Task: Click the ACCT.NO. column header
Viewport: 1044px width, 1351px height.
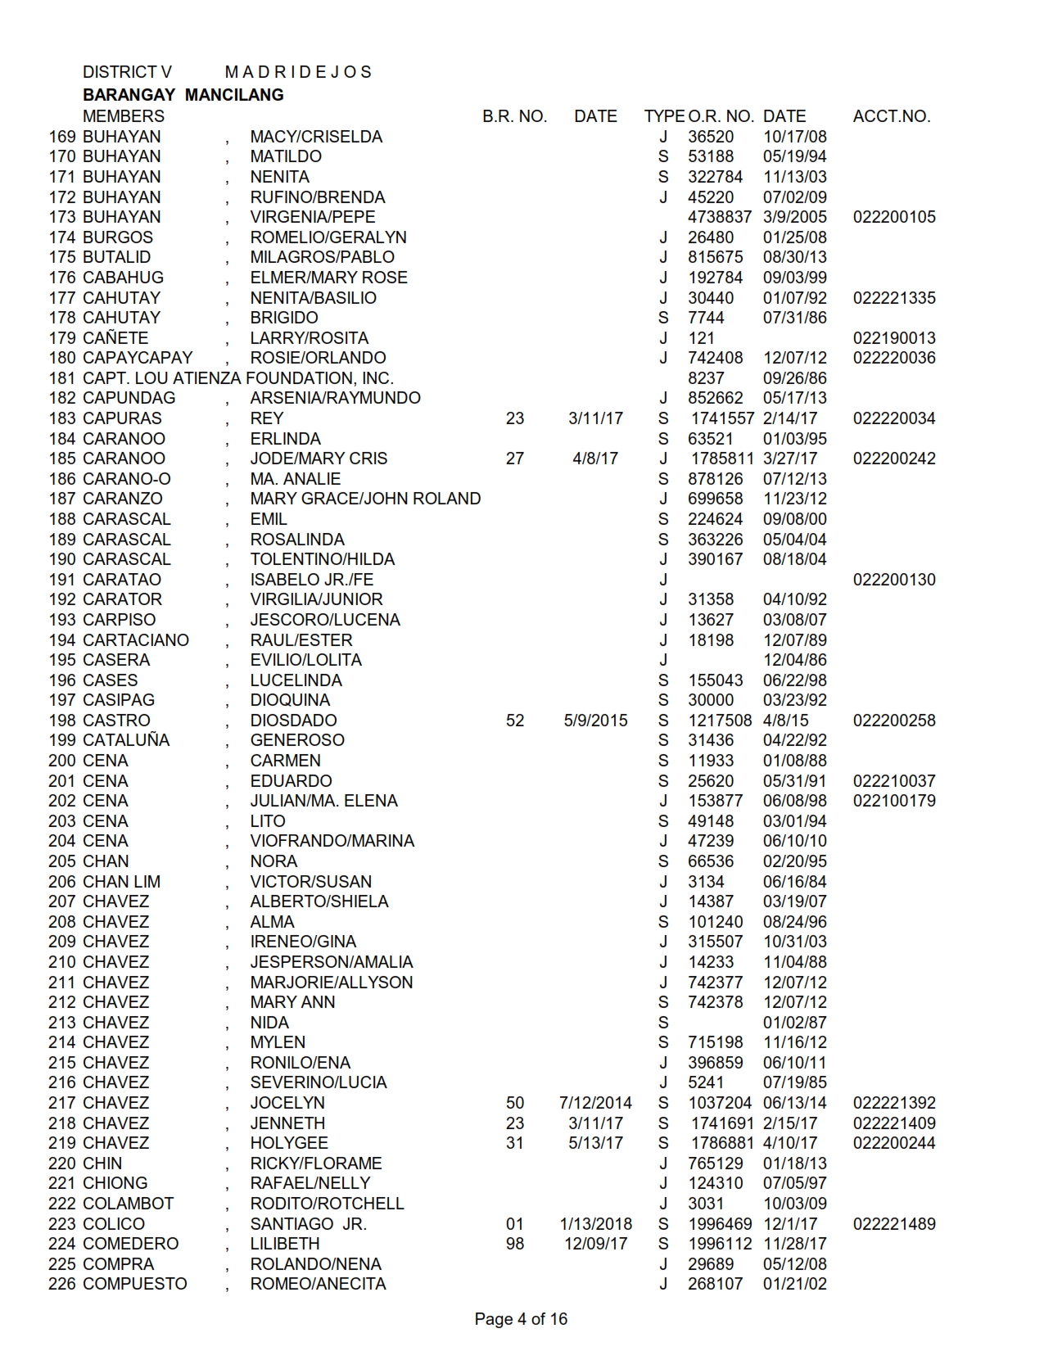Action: coord(891,116)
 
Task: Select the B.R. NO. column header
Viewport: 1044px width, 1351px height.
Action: coord(514,116)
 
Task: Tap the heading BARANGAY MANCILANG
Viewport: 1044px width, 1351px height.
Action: coord(183,95)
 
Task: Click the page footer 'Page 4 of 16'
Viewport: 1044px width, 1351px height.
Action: coord(521,1319)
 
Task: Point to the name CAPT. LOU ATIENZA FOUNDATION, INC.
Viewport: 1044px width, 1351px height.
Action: coord(238,378)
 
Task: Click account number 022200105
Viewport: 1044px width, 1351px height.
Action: coord(894,217)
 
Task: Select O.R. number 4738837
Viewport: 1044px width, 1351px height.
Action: coord(719,217)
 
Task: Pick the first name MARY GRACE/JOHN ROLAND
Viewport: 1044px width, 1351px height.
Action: coord(365,499)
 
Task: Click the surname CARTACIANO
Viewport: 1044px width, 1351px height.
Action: coord(136,640)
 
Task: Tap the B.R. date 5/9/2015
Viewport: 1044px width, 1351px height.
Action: coord(595,721)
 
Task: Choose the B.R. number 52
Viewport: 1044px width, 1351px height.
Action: coord(514,721)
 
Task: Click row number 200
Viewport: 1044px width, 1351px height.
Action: coord(62,761)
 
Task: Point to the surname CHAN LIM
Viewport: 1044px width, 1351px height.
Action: coord(122,882)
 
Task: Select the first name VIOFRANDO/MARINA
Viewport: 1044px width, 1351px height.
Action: coord(332,841)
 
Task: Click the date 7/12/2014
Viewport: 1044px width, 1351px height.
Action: coord(595,1103)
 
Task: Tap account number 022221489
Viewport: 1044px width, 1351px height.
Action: coord(894,1224)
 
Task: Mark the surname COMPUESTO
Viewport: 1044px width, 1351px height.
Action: coord(135,1284)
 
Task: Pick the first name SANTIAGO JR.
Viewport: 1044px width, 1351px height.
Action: coord(309,1224)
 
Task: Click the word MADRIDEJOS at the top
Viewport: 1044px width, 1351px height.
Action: coord(298,72)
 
